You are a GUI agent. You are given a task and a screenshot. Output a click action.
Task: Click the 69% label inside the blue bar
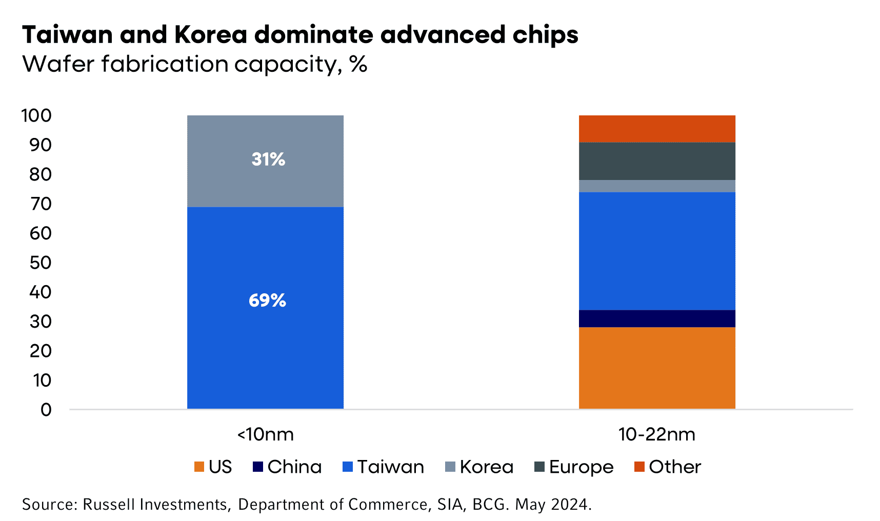coord(267,300)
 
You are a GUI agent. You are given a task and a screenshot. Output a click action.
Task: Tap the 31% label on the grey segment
coord(268,159)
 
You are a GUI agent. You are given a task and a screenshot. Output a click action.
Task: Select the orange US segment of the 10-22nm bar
coord(657,368)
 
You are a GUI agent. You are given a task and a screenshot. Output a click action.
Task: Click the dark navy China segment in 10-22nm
coord(657,318)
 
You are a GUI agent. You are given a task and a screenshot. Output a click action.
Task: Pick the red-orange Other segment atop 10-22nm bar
coord(657,129)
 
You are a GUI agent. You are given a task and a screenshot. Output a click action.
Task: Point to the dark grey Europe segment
coord(657,161)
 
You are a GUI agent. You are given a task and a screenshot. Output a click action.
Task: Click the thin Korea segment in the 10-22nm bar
coord(657,186)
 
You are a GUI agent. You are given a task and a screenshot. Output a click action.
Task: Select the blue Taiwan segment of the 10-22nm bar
coord(657,251)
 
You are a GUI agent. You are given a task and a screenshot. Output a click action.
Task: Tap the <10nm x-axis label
coord(265,435)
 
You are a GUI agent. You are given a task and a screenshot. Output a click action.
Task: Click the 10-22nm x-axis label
coord(657,435)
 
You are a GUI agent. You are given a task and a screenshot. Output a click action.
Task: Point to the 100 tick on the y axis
coord(36,116)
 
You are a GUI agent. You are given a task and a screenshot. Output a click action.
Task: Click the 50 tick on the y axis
coord(41,263)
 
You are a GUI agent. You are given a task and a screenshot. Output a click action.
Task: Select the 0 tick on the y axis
coord(46,410)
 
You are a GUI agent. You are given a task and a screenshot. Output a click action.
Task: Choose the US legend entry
coord(214,467)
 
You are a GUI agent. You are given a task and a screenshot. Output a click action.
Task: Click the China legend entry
coord(288,467)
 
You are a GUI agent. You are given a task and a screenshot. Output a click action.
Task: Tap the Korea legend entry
coord(479,467)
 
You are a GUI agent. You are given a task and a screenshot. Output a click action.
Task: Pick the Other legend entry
coord(668,467)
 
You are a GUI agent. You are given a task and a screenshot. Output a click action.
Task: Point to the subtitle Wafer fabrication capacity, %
coord(195,65)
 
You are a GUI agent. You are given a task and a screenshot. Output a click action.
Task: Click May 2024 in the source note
coord(553,505)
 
